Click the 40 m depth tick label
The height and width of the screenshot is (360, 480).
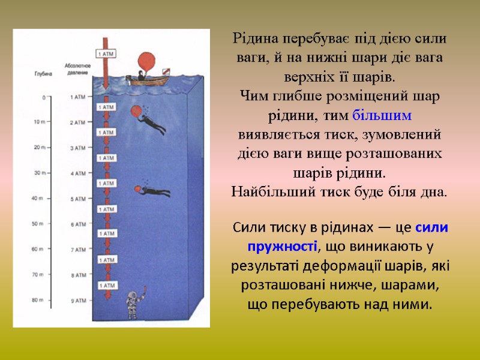[38, 198]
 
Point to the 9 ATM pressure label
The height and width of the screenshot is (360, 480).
[79, 301]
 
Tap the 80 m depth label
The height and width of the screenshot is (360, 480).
[38, 300]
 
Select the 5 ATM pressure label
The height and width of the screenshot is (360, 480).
[79, 199]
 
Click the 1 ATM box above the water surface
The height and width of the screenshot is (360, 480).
[106, 54]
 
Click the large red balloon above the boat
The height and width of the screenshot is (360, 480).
[146, 62]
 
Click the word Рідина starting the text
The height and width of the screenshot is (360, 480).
[254, 39]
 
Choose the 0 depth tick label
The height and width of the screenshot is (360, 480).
[43, 97]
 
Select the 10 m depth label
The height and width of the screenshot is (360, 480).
[39, 122]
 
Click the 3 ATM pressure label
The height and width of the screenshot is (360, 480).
[79, 148]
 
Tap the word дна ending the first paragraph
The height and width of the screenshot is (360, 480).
[436, 193]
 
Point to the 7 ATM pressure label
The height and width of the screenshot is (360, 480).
[79, 250]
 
